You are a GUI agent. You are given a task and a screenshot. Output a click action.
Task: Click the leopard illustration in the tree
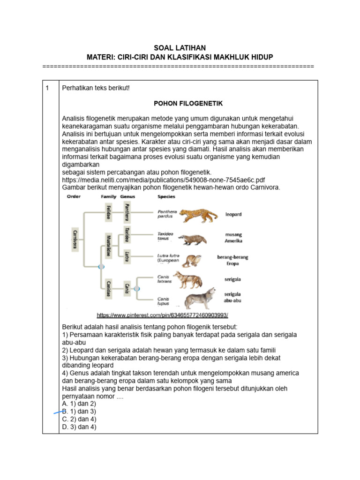198,215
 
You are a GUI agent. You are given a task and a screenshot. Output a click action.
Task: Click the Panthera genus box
127,212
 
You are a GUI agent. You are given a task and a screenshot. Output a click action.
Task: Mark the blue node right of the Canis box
137,289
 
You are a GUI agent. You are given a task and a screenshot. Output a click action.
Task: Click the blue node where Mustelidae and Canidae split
100,267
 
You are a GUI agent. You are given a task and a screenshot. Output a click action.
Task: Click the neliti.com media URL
164,180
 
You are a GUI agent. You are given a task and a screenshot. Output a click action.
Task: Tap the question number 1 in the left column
47,88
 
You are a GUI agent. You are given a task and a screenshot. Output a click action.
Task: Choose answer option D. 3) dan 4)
79,427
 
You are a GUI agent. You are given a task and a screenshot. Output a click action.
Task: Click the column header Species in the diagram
166,197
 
